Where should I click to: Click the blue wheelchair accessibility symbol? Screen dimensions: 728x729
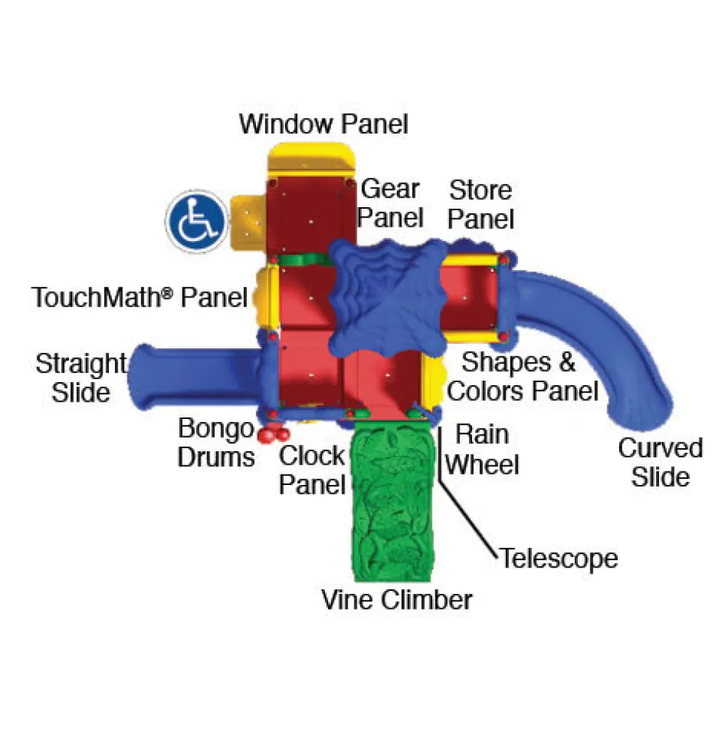[197, 221]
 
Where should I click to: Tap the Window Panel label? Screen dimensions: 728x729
[323, 124]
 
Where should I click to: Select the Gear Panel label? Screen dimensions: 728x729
[390, 203]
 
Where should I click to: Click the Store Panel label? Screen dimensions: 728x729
[480, 204]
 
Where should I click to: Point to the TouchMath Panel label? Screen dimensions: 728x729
[140, 297]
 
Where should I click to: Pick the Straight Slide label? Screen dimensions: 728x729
[81, 378]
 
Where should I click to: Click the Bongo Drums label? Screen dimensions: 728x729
[216, 442]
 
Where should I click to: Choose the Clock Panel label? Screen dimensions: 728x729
[312, 470]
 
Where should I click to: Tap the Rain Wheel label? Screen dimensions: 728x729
[482, 449]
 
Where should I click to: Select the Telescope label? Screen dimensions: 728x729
[559, 559]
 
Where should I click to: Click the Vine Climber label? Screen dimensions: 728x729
[396, 600]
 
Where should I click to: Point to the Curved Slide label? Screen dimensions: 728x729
[660, 462]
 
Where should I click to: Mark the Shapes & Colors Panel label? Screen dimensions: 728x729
[522, 377]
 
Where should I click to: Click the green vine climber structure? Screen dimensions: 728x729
[393, 500]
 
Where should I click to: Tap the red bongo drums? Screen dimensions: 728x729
[274, 434]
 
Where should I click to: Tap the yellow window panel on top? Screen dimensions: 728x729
[311, 159]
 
